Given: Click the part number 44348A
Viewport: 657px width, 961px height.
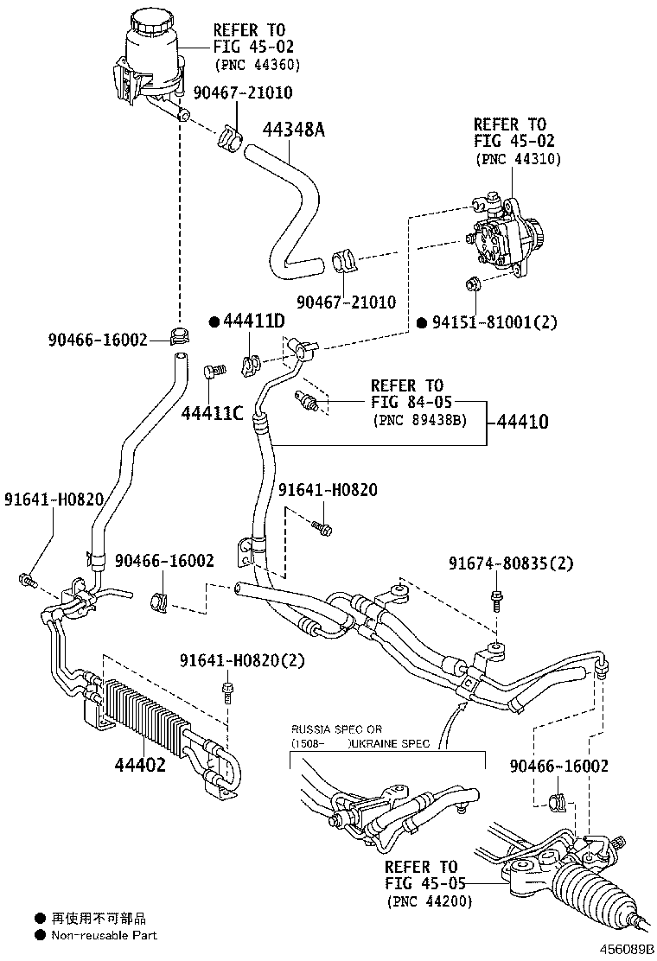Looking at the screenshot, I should coord(293,130).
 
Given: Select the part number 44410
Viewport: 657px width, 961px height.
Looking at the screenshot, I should coord(522,423).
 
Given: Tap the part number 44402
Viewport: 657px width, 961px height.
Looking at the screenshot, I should coord(139,765).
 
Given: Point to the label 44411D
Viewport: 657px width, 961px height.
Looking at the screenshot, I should coord(254,321).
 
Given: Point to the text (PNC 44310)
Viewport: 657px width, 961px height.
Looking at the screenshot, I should coord(518,159).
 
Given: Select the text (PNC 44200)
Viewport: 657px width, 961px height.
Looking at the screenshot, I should coord(430,902).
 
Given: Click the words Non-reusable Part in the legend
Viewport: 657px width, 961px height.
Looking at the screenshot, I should coord(104,935).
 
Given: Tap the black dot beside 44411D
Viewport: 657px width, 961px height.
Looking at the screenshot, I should coord(214,321).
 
